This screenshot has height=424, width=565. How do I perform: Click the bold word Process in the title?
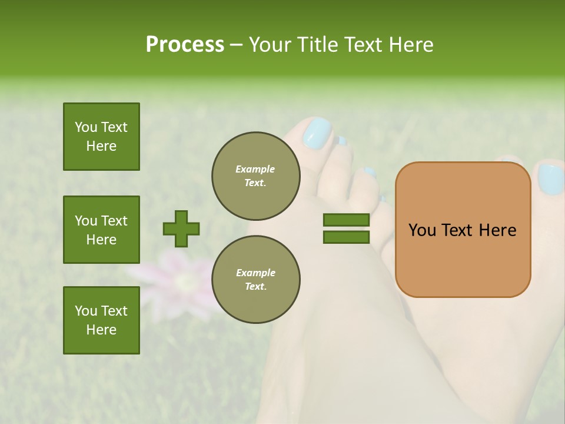click(185, 45)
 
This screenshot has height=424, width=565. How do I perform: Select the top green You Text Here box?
click(101, 137)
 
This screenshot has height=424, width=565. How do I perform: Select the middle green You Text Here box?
click(101, 230)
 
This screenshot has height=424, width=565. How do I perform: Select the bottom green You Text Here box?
click(101, 320)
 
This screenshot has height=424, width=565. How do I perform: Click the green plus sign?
click(181, 228)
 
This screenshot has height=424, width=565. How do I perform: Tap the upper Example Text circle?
click(256, 176)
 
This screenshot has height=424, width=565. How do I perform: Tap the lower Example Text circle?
click(256, 280)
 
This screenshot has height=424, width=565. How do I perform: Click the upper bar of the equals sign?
click(346, 220)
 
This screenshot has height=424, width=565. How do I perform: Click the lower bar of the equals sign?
click(346, 237)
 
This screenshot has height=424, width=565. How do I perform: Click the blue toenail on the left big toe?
click(318, 133)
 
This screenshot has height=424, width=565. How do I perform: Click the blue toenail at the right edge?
click(550, 179)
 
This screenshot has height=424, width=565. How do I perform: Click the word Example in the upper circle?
click(255, 169)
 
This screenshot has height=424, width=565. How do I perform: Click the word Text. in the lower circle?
click(255, 287)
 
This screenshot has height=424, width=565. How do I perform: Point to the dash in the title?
click(237, 45)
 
